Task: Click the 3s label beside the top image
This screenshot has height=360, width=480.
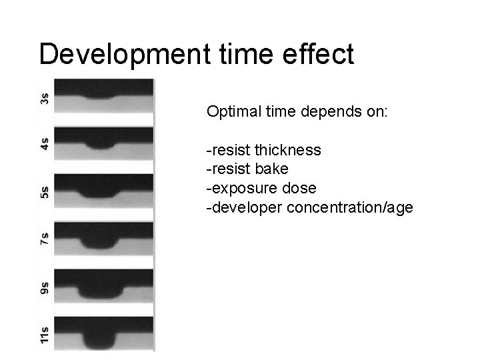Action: tap(45, 99)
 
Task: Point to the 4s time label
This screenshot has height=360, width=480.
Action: tap(45, 144)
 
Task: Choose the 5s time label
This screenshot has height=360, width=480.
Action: tap(45, 193)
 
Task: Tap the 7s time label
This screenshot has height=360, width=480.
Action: tap(45, 240)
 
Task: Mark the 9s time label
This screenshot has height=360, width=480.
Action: tap(45, 288)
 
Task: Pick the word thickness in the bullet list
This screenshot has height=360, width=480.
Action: tap(287, 150)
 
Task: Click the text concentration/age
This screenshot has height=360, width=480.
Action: tap(350, 207)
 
